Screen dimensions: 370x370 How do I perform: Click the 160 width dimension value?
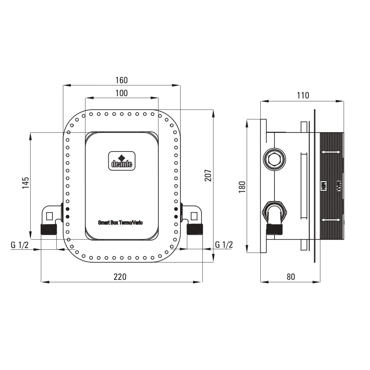122,80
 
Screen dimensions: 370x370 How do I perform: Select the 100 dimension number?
122,93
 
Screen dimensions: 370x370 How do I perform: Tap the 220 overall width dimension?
120,277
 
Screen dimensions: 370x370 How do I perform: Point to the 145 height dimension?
25,182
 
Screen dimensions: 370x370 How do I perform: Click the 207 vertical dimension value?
208,175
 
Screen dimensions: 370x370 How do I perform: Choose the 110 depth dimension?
303,96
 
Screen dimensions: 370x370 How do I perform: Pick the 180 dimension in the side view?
242,187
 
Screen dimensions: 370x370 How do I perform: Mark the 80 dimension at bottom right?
291,277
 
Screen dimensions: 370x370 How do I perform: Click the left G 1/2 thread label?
20,245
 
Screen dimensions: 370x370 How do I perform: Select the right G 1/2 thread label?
224,245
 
